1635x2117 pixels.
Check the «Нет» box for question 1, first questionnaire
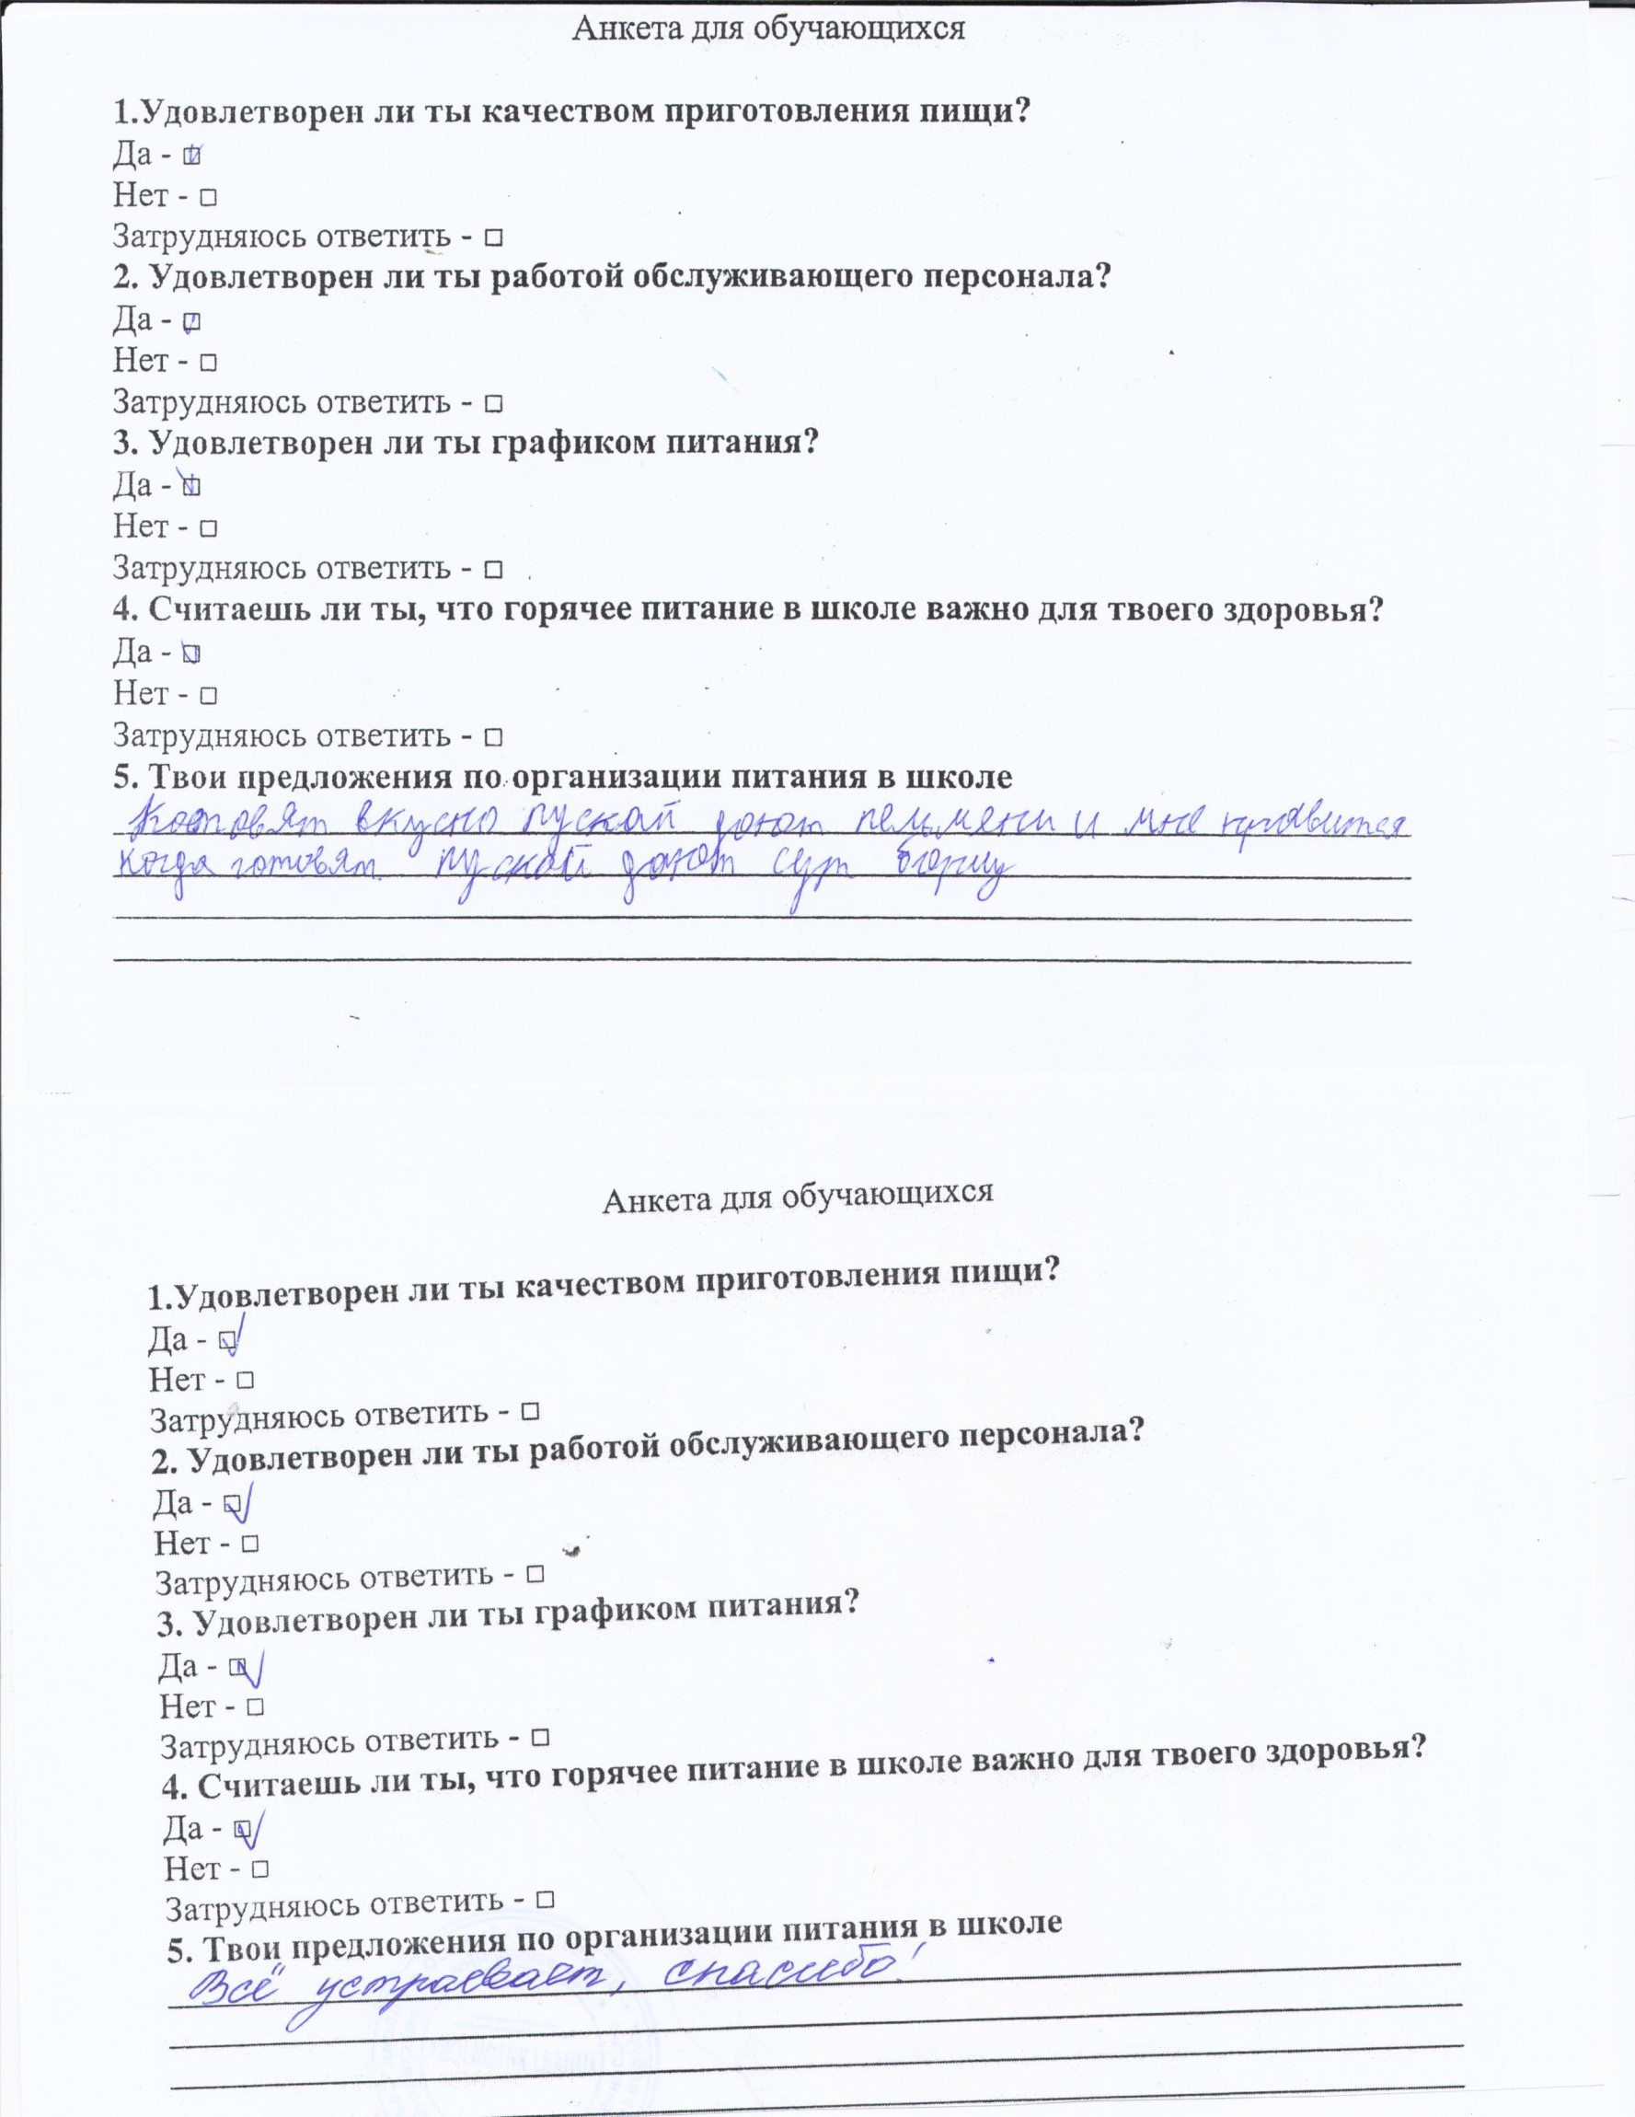(207, 198)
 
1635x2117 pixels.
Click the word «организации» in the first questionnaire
(625, 778)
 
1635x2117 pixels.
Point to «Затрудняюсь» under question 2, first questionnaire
(213, 401)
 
